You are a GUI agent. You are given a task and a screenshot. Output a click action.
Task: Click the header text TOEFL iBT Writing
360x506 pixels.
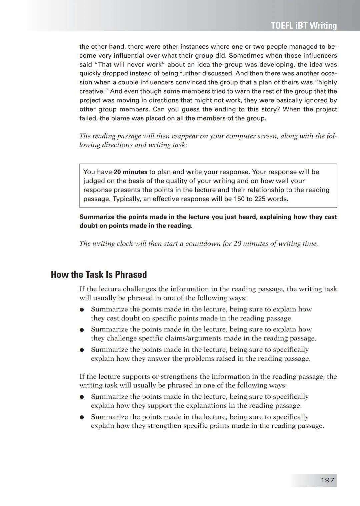click(x=304, y=26)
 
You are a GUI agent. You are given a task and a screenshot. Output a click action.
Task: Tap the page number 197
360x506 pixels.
click(x=327, y=480)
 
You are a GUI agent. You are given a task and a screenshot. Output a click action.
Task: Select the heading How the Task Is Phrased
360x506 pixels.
click(x=99, y=274)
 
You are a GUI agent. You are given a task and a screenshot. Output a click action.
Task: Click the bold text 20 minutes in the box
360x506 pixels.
click(x=130, y=172)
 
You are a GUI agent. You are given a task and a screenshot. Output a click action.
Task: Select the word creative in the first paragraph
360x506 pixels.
click(x=92, y=91)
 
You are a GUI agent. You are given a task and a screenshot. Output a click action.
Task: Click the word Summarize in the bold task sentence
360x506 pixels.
click(x=96, y=217)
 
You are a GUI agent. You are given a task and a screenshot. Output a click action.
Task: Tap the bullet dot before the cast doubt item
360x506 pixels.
click(x=81, y=310)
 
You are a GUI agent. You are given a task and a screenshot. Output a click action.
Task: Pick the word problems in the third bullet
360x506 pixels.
click(x=196, y=359)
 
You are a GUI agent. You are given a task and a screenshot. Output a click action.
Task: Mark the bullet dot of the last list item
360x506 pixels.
click(x=81, y=417)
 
